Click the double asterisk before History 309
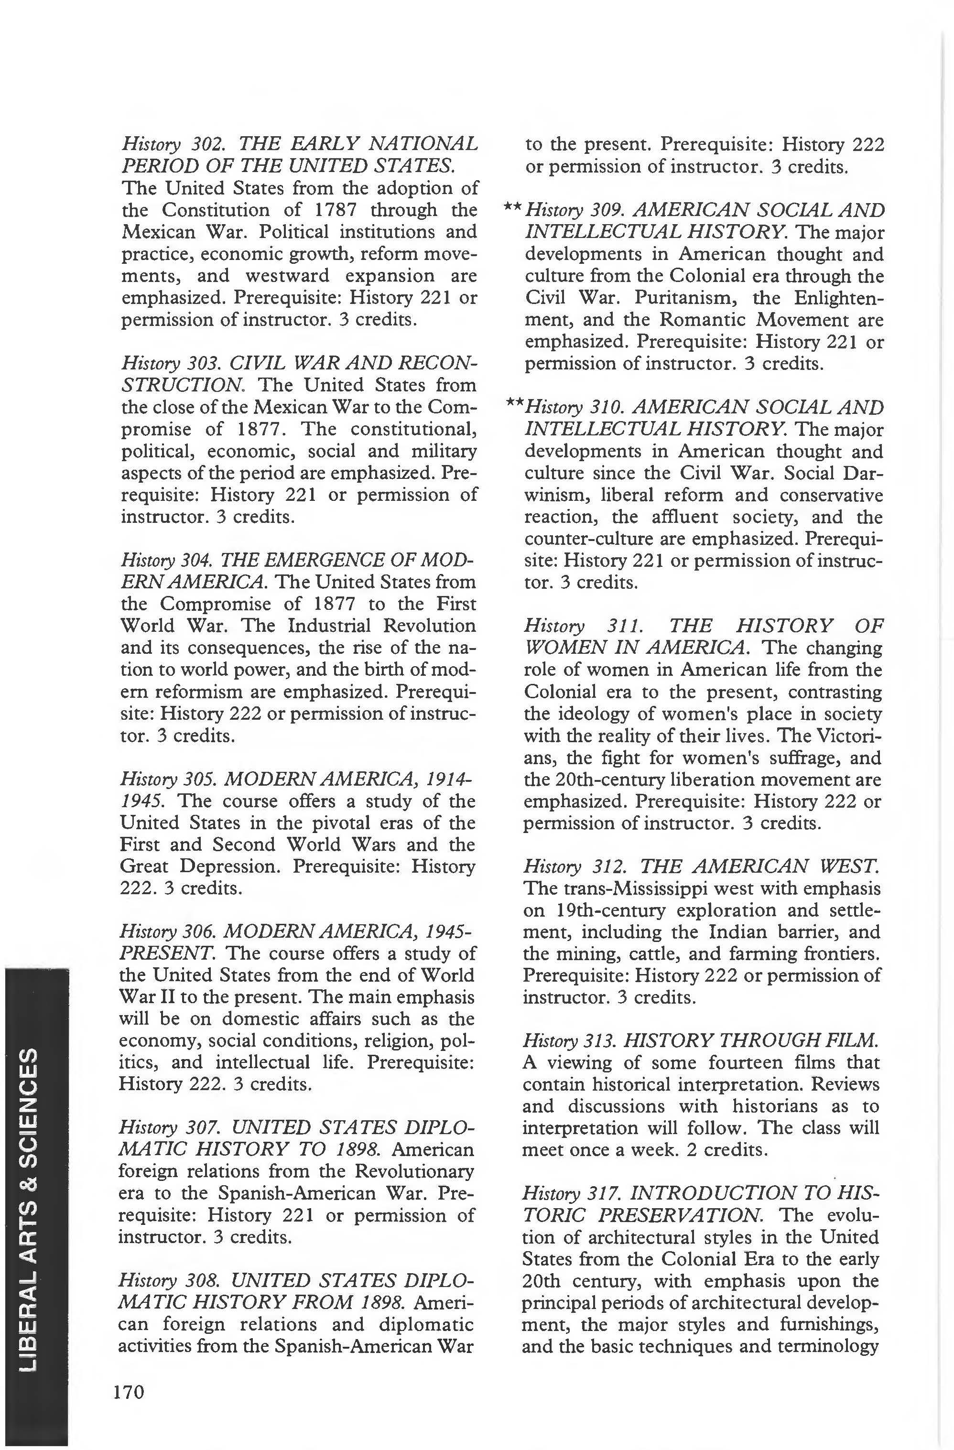click(512, 209)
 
